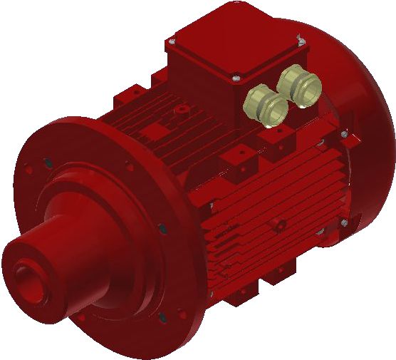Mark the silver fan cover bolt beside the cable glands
343,133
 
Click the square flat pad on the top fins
154,133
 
